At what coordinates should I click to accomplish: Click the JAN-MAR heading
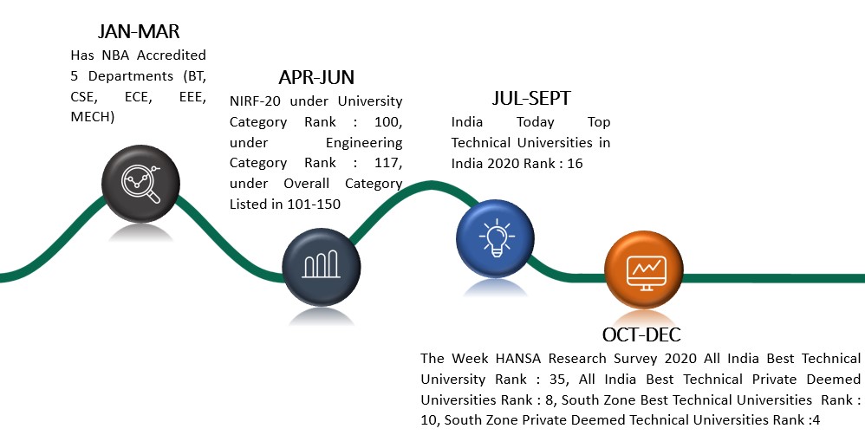point(139,31)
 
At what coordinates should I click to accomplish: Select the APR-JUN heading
point(316,77)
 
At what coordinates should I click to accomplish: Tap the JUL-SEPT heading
point(530,98)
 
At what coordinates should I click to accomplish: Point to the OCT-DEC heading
point(641,334)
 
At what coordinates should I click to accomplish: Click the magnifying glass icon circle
point(140,184)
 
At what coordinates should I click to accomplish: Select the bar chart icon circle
point(321,267)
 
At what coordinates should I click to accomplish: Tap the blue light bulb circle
point(496,238)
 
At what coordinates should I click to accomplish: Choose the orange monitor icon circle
point(644,269)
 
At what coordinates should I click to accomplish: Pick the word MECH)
point(93,117)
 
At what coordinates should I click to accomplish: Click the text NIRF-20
point(256,101)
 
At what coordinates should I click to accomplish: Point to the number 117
point(388,163)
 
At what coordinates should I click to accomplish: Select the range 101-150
point(314,205)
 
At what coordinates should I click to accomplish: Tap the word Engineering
point(364,143)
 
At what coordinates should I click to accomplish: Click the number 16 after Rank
point(575,163)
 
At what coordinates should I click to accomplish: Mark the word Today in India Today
point(535,122)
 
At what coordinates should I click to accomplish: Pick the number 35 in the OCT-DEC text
point(557,380)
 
